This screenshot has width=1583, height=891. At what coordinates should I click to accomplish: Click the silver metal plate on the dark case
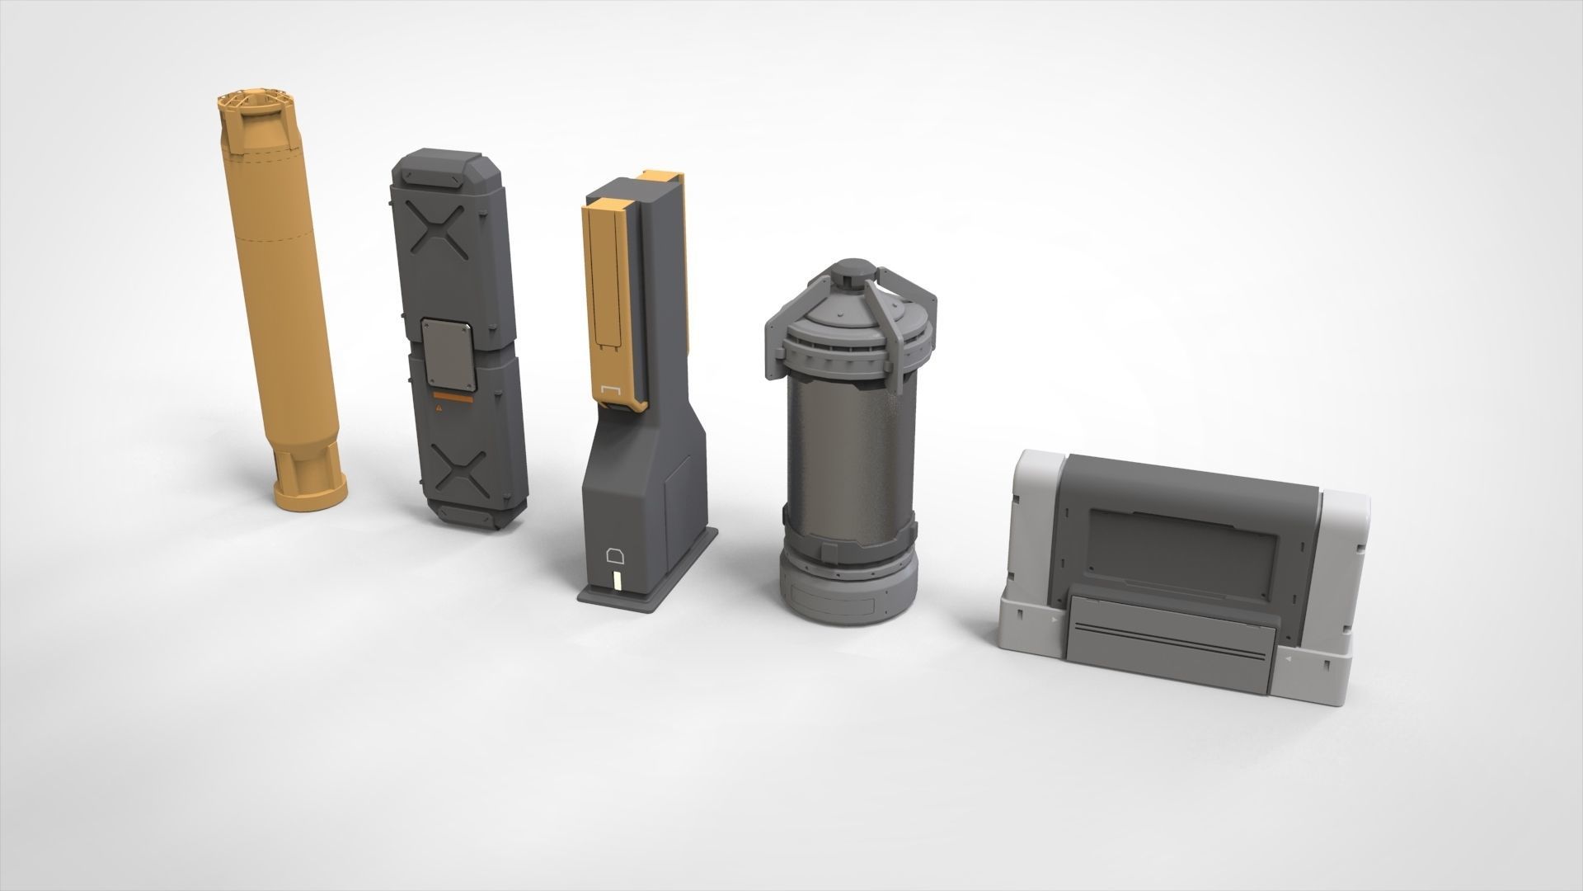[449, 355]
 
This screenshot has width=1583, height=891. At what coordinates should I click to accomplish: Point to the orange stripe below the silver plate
[453, 398]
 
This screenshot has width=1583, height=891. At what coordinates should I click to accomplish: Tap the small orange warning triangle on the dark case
[440, 408]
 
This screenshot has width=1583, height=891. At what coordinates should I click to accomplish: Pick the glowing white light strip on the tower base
[616, 583]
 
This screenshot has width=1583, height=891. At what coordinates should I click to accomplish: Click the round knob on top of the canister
[851, 269]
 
